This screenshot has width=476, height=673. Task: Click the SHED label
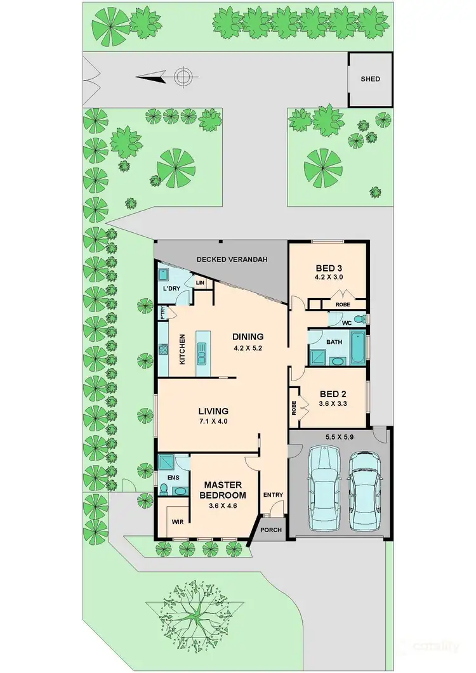370,79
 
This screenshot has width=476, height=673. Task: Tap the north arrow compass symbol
182,77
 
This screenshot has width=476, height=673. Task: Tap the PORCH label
271,530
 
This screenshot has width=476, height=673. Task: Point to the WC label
347,322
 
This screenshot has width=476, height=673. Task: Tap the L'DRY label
173,289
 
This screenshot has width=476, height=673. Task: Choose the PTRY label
162,313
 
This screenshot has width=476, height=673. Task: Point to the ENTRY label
272,495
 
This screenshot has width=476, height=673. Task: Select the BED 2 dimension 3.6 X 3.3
329,403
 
